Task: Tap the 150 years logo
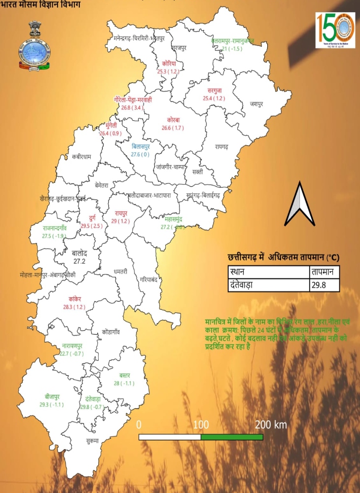coord(335,31)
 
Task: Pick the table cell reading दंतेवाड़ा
coord(268,285)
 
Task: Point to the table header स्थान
coord(268,272)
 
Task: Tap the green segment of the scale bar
coord(232,437)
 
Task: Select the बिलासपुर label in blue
coord(148,146)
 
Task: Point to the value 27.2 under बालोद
coord(80,261)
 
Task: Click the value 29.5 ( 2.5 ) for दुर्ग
coord(92,226)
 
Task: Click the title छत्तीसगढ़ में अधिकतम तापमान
coord(284,257)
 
